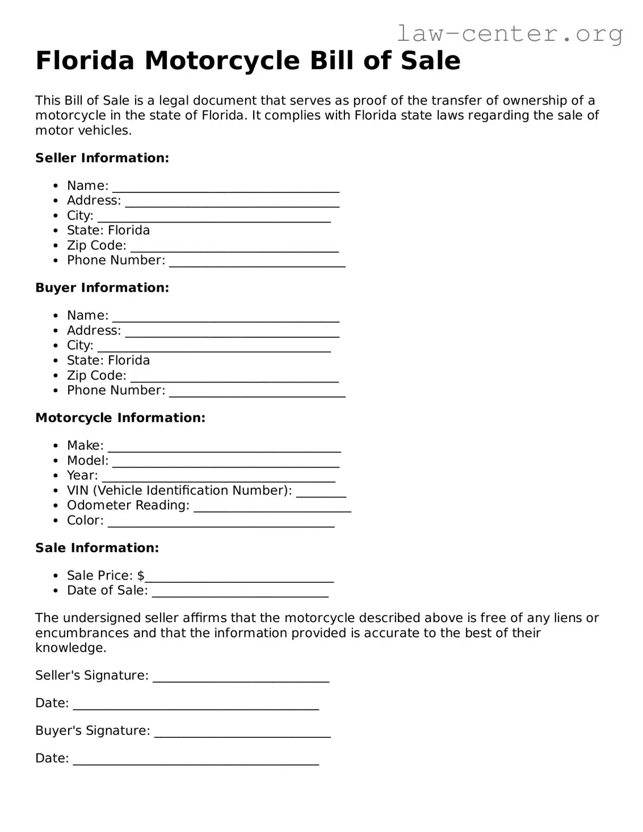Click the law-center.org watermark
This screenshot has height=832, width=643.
click(509, 33)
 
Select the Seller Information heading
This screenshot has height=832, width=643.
click(102, 158)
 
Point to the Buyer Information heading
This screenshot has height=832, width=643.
click(102, 288)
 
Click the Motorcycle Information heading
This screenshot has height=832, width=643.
click(120, 418)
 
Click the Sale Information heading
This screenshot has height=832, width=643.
click(97, 548)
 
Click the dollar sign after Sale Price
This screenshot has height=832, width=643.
click(141, 575)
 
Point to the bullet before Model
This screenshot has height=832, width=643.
click(55, 461)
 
